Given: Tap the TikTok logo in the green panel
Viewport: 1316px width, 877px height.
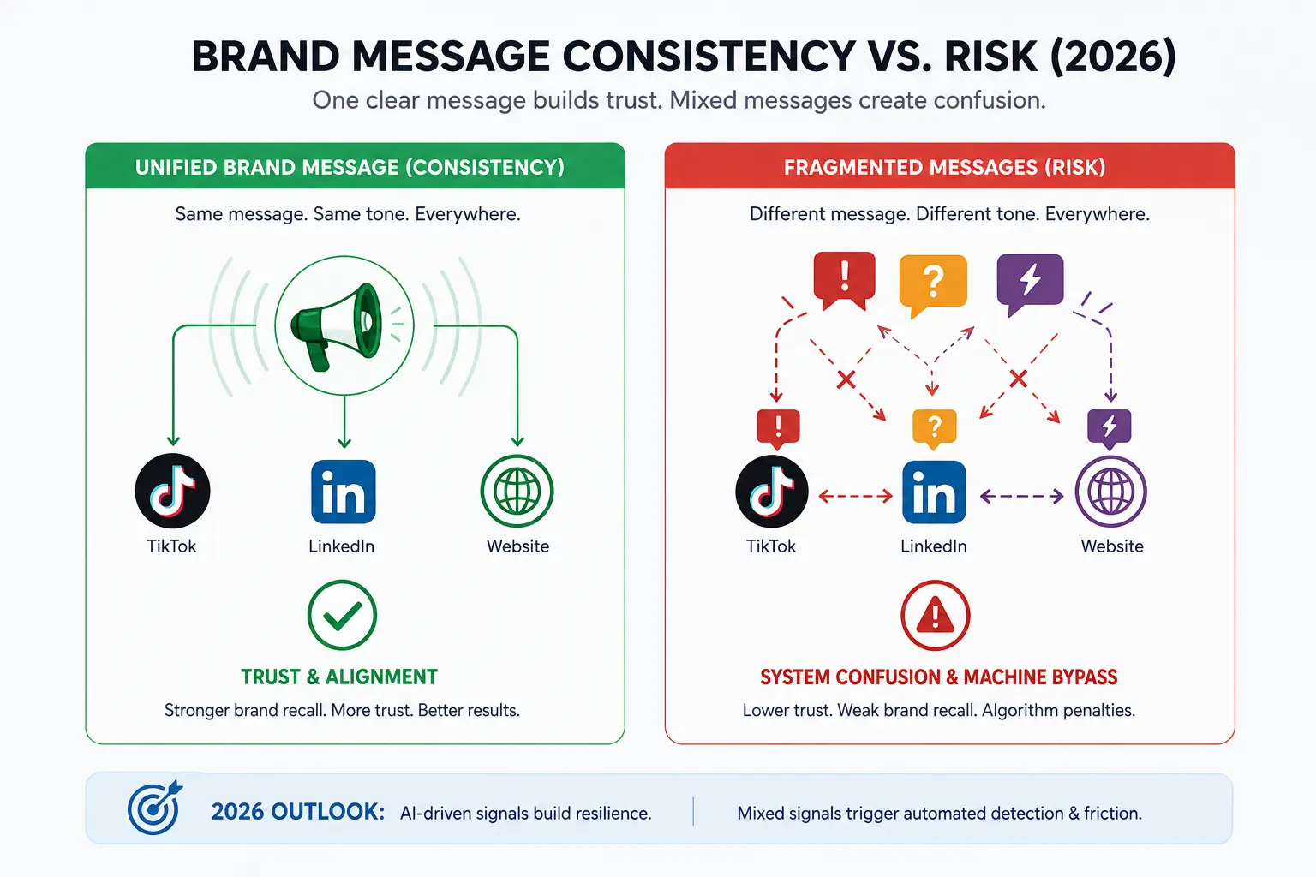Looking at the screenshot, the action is pos(173,491).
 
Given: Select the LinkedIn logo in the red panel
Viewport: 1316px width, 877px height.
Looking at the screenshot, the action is pos(934,492).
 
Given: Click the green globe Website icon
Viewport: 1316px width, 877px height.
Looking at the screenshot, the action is pos(517,491).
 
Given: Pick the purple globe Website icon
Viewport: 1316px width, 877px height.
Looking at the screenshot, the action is pos(1110,491).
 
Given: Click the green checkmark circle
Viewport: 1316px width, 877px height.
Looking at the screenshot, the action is pos(342,615).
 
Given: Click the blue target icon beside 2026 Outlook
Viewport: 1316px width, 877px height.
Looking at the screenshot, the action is pos(154,808).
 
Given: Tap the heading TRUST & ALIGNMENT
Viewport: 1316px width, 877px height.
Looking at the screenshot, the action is pos(339,677).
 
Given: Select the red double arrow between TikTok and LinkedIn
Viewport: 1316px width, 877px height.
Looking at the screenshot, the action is pos(855,497).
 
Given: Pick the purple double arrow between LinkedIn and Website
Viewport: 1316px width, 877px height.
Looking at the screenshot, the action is pos(1021,497).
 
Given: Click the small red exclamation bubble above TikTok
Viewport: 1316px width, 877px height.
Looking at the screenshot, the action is pos(778,427).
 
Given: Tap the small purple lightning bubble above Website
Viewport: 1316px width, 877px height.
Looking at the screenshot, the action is pos(1110,427).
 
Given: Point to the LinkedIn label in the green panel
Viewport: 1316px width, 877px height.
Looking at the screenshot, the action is pos(341,546).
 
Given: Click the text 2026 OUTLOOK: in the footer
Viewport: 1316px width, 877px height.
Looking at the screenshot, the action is pos(298,812).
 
